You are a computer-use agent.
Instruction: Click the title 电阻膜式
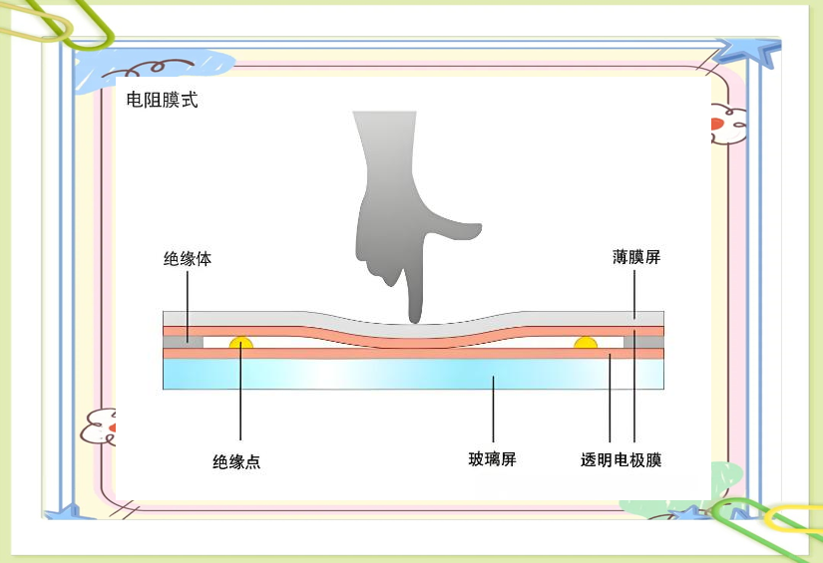162,101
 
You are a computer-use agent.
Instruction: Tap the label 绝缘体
188,258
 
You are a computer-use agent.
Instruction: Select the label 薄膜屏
636,257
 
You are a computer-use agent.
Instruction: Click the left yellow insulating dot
241,343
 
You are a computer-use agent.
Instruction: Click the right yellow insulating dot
586,343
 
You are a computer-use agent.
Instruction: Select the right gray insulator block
643,342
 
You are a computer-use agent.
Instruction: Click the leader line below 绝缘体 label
188,299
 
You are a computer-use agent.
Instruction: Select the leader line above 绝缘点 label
241,399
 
